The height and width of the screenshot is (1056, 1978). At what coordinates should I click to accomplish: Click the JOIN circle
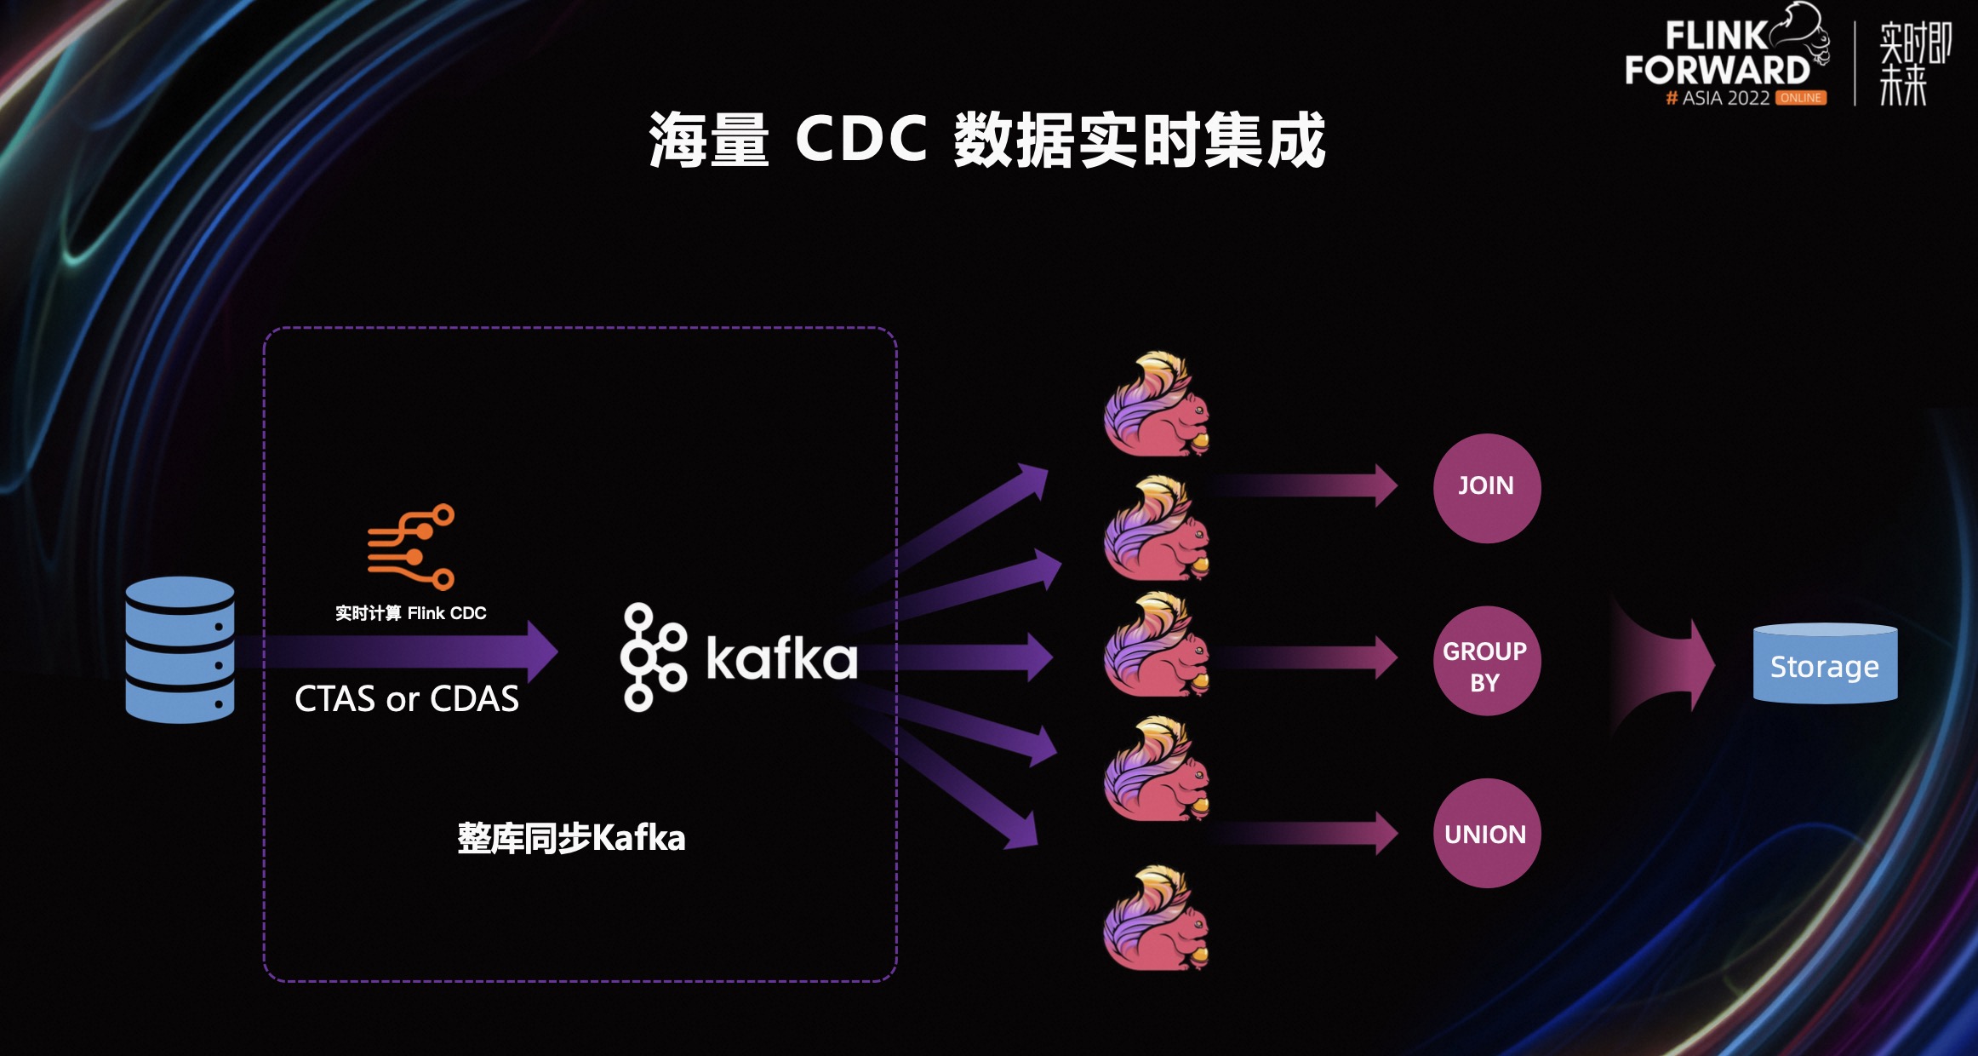(1486, 487)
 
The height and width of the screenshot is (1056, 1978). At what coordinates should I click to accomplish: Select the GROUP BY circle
(1486, 661)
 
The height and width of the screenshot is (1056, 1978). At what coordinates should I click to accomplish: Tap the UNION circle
(1486, 834)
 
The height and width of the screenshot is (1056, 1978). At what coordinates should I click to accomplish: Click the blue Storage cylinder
(1825, 664)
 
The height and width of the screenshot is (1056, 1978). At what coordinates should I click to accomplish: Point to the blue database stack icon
(180, 650)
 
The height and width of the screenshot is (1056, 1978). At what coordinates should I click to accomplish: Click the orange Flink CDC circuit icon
(411, 547)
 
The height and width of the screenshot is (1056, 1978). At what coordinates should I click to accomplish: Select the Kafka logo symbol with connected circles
(652, 657)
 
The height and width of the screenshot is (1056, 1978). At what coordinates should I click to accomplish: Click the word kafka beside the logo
(781, 657)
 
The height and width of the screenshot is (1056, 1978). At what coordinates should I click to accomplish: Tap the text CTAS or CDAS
(406, 699)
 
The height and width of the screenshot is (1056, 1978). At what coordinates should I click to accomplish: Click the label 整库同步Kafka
(571, 838)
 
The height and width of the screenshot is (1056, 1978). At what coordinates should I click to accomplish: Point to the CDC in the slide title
(860, 139)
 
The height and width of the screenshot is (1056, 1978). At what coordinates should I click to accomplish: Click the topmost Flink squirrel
(1157, 405)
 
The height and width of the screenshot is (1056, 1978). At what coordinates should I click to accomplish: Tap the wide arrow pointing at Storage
(1664, 665)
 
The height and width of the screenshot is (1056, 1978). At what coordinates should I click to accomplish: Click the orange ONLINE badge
(1801, 98)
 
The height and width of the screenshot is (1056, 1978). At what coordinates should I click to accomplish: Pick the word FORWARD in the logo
(1717, 70)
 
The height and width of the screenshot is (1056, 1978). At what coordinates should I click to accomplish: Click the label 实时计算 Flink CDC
(410, 613)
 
